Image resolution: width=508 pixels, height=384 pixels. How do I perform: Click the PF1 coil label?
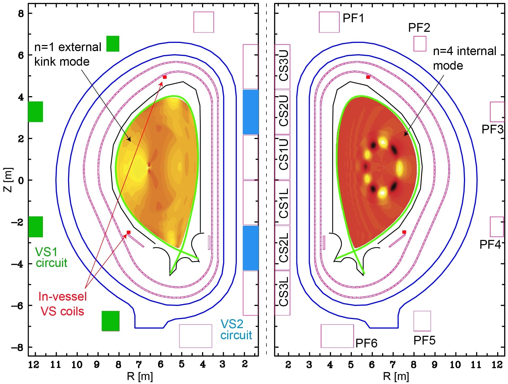[353, 18]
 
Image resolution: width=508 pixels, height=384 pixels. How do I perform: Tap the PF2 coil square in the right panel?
[420, 44]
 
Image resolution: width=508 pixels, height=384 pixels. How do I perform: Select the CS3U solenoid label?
[283, 66]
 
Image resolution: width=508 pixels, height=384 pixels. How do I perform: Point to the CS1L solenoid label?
[283, 203]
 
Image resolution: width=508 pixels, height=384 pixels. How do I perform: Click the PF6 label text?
[366, 343]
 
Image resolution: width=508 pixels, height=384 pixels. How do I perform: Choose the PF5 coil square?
[422, 321]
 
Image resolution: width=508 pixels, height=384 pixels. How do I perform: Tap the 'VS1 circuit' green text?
[51, 257]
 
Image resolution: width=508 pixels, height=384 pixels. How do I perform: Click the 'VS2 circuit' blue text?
[236, 330]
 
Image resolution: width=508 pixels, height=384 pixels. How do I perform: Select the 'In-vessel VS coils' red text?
[63, 304]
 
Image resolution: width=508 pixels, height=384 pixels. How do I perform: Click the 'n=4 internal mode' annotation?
[464, 58]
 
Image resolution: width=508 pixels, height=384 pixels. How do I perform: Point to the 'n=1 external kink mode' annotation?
[68, 54]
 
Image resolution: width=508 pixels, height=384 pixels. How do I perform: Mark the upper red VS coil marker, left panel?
[165, 77]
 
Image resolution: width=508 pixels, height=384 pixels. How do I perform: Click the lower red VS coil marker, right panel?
[404, 232]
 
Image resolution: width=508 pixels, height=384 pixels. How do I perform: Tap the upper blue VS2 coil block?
[251, 112]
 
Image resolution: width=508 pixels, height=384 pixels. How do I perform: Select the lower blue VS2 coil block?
[251, 248]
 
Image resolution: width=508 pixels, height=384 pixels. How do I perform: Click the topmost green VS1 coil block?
[113, 44]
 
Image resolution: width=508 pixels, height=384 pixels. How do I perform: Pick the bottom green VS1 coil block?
[111, 321]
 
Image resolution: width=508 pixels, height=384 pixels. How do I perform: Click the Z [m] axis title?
[8, 180]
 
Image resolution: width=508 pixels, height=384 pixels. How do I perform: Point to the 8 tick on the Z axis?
[21, 14]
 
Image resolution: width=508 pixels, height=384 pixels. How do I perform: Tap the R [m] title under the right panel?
[396, 376]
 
